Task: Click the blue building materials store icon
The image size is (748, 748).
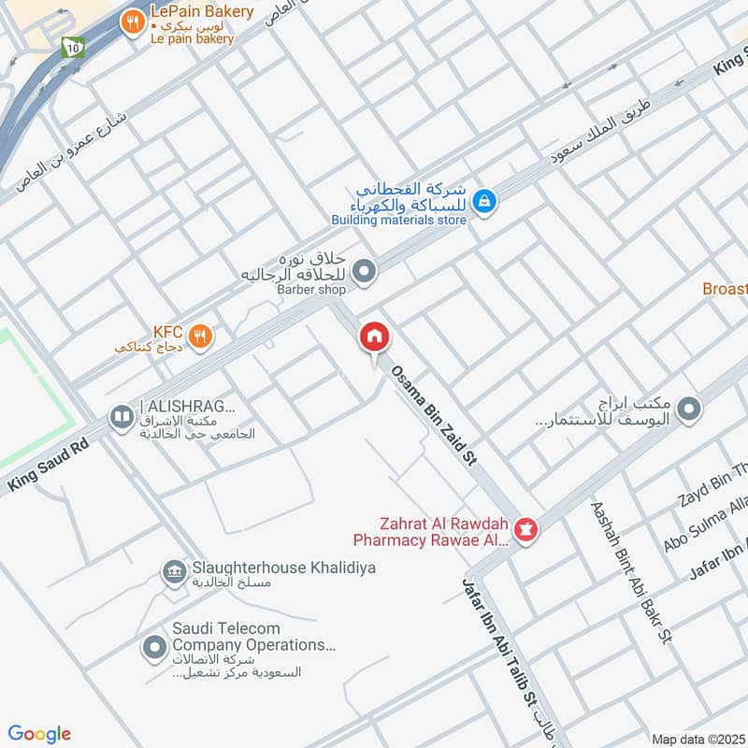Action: tap(483, 200)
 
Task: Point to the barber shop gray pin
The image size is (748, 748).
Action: tap(366, 272)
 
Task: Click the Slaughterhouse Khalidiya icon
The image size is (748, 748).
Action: tap(173, 570)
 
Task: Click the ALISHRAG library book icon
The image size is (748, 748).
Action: tap(121, 417)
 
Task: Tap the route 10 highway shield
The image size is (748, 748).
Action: tap(72, 46)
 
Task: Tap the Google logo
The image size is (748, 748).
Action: tap(39, 734)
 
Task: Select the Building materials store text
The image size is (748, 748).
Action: tap(398, 221)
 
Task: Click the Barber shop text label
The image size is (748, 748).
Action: tap(310, 290)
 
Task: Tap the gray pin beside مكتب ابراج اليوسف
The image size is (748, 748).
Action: tap(689, 409)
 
